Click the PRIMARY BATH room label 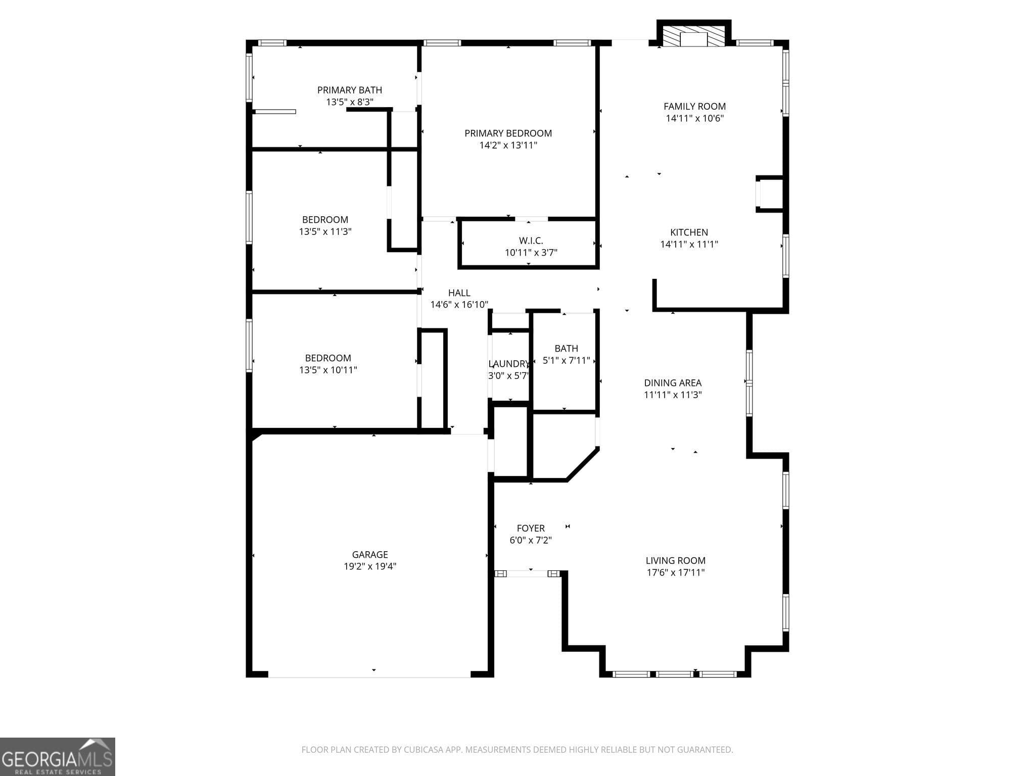coord(349,90)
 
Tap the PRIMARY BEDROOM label coord(508,133)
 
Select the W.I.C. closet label coord(531,241)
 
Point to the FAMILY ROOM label coord(694,106)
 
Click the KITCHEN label coord(689,232)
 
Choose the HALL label coord(459,293)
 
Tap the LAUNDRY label coord(509,364)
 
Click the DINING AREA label coord(673,383)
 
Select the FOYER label coord(531,528)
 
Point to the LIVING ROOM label coord(675,561)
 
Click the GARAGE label coord(370,555)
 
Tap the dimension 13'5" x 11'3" coord(325,232)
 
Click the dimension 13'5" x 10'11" coord(328,370)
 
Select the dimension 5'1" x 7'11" coord(566,361)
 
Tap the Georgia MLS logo coord(58,757)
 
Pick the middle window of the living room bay coord(675,674)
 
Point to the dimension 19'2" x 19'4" coord(370,567)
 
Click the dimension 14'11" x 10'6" coord(695,119)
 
